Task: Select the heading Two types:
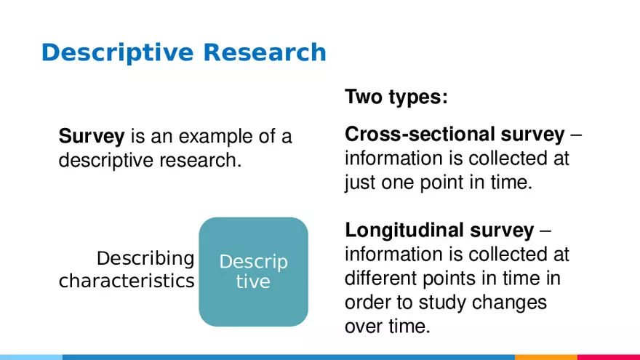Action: click(396, 97)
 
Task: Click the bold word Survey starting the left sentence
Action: click(92, 136)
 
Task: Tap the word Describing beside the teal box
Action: click(145, 258)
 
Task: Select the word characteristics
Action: click(127, 281)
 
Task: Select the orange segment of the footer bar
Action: click(545, 357)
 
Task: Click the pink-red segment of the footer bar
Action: click(608, 357)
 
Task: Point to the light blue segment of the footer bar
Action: click(31, 357)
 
